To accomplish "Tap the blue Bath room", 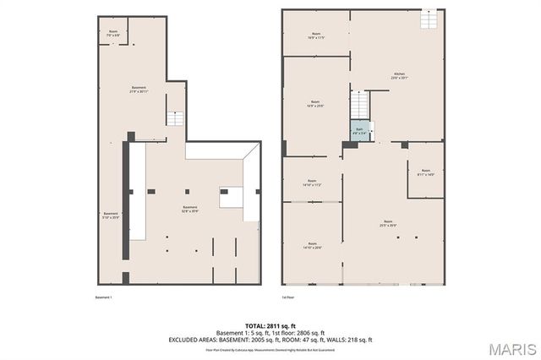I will point(358,131).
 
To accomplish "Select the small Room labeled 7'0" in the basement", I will point(113,34).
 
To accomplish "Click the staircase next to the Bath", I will point(361,104).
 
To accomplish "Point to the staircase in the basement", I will point(175,117).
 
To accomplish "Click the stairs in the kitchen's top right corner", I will point(432,18).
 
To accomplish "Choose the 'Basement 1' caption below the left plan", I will point(104,297).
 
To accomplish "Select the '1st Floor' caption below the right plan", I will point(288,297).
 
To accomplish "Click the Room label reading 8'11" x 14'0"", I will point(425,172).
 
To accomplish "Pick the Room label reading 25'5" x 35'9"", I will point(388,225).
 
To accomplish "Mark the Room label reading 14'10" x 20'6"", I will point(312,245).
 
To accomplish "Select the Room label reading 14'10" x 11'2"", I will point(312,183).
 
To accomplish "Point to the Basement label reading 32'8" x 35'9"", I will point(190,210).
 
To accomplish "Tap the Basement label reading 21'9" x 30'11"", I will point(139,90).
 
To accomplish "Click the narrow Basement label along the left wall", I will point(111,215).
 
